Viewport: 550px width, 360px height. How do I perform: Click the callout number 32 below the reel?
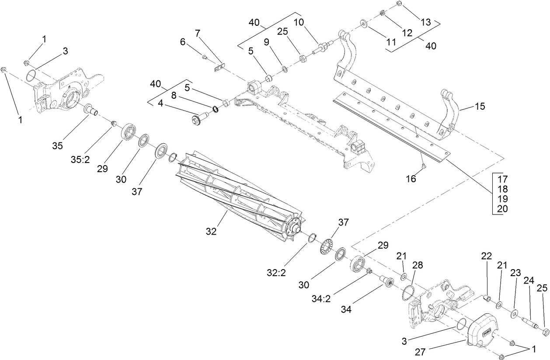[211, 232]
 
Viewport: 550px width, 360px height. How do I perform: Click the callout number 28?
[418, 265]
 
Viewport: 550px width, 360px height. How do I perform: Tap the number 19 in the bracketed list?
[502, 198]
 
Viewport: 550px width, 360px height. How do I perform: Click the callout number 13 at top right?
[426, 22]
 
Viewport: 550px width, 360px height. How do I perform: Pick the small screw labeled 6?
[204, 55]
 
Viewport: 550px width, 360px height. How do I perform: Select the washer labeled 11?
[363, 22]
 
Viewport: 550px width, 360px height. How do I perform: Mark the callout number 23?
[515, 273]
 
